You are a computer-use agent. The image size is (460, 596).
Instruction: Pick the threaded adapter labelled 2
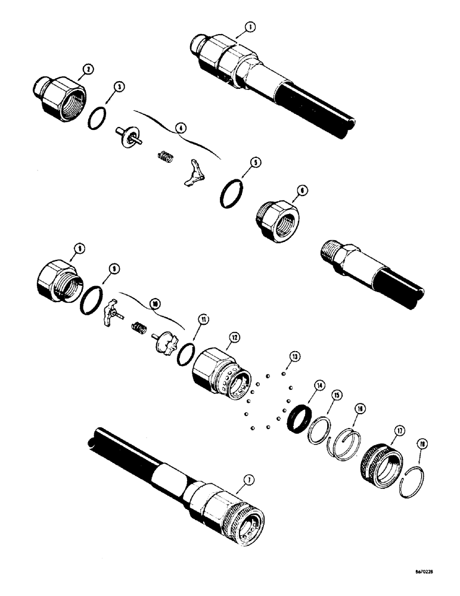click(58, 95)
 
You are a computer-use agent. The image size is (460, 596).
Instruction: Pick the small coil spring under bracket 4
click(164, 157)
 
